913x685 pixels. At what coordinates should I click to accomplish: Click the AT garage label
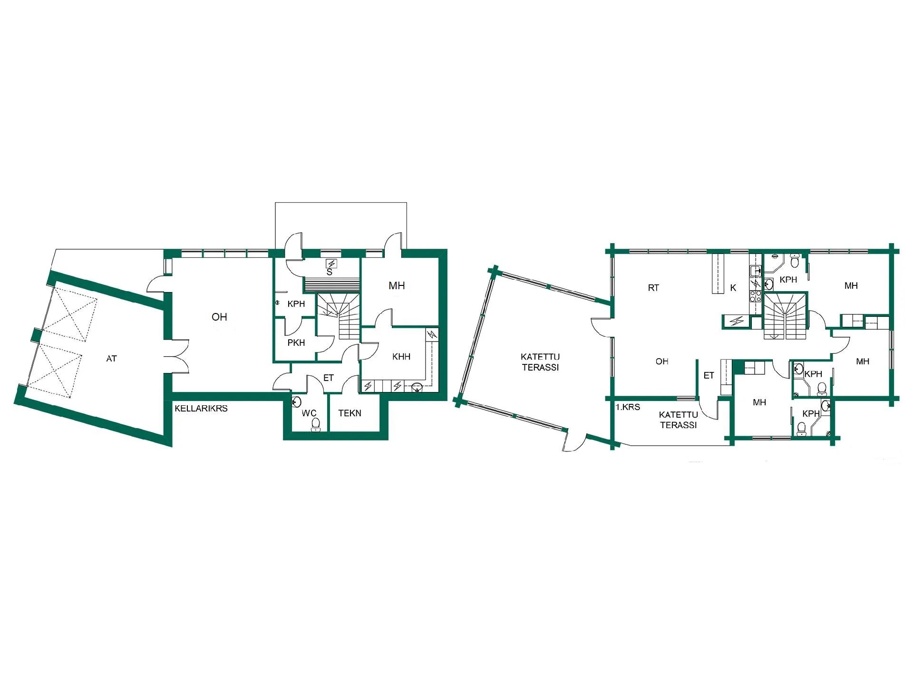pyautogui.click(x=111, y=359)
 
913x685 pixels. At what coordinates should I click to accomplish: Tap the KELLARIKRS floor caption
pyautogui.click(x=201, y=408)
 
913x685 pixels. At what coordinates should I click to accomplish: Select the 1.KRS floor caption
pyautogui.click(x=628, y=407)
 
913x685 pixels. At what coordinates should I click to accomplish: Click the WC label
pyautogui.click(x=309, y=413)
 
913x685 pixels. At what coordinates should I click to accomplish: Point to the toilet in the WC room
pyautogui.click(x=315, y=425)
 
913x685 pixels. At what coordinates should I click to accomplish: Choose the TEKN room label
pyautogui.click(x=350, y=413)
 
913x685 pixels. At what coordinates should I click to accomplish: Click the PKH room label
pyautogui.click(x=296, y=342)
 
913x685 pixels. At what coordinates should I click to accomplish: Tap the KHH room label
pyautogui.click(x=401, y=356)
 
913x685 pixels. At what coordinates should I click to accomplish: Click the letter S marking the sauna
pyautogui.click(x=329, y=273)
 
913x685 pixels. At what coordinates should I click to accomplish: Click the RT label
pyautogui.click(x=653, y=288)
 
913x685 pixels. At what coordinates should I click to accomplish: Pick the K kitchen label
pyautogui.click(x=733, y=288)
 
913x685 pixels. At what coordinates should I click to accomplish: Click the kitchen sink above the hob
pyautogui.click(x=755, y=272)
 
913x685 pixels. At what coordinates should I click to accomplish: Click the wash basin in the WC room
pyautogui.click(x=296, y=401)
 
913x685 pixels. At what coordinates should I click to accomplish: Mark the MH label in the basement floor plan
pyautogui.click(x=397, y=285)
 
